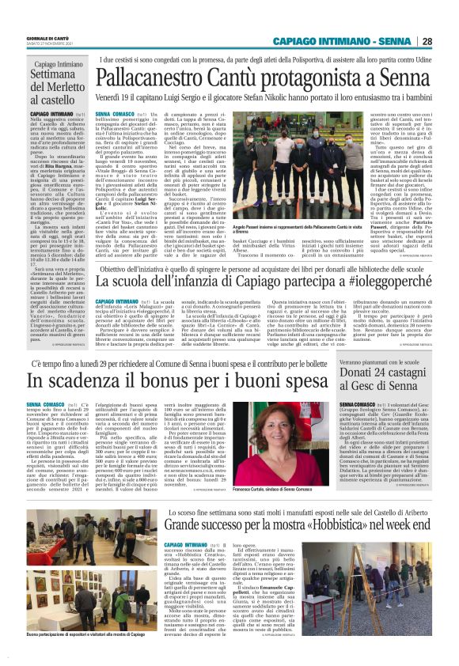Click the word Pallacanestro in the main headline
coord(149,78)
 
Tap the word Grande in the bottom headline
coord(188,524)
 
